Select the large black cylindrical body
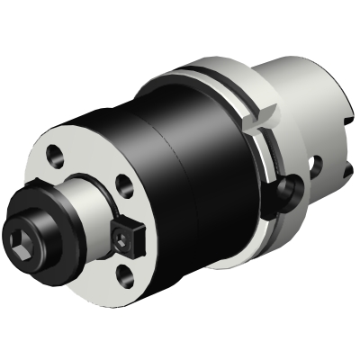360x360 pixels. pyautogui.click(x=180, y=153)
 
